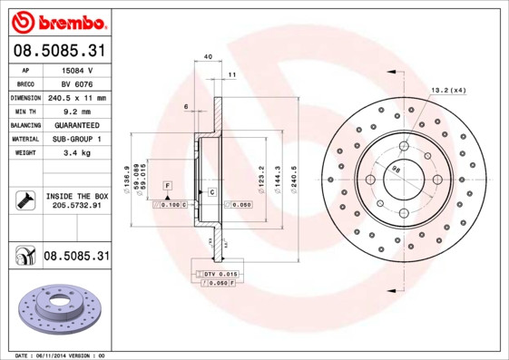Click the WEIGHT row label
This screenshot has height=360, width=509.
click(x=24, y=152)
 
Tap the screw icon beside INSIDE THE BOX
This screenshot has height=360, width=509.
click(x=24, y=199)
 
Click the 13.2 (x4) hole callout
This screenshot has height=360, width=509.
click(x=447, y=90)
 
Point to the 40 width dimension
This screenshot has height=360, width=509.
click(x=208, y=57)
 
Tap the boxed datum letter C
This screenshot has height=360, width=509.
click(x=211, y=192)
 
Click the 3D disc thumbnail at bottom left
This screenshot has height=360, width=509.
click(x=56, y=311)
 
